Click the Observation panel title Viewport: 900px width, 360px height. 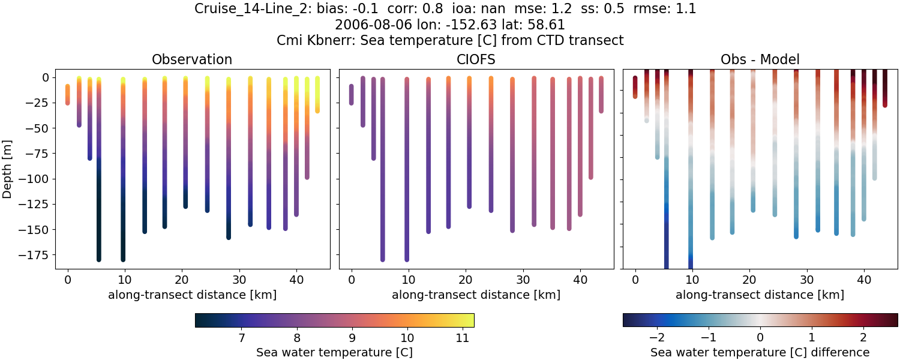click(192, 59)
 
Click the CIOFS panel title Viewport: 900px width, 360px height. click(476, 59)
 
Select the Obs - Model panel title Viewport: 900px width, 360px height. click(760, 59)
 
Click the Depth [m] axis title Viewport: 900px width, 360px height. click(7, 169)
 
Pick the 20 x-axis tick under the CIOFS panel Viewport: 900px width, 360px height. click(466, 280)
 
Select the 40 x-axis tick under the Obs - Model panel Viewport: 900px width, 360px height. click(864, 280)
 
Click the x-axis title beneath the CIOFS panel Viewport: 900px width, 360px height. click(476, 295)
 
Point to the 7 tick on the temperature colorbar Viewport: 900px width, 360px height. click(241, 338)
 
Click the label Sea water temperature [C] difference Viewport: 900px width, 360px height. click(760, 352)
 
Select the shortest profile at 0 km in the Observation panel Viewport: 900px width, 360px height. click(67, 95)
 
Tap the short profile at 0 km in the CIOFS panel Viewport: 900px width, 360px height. click(351, 95)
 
